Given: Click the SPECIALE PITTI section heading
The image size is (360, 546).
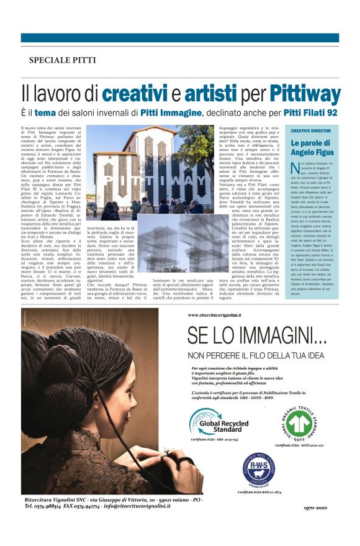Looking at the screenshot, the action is point(63,60).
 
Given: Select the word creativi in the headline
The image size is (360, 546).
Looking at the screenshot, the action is point(134,93).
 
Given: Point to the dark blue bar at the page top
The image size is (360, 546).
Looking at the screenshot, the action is point(180,38).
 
